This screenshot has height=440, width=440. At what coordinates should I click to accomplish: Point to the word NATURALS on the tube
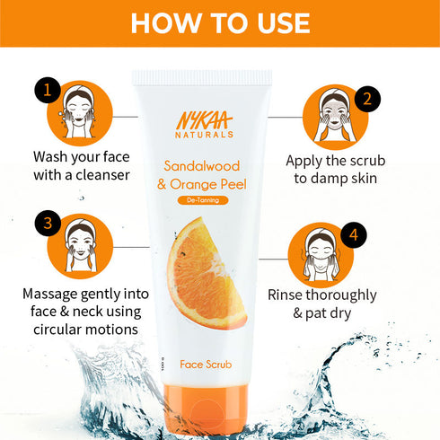tap(204, 135)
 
